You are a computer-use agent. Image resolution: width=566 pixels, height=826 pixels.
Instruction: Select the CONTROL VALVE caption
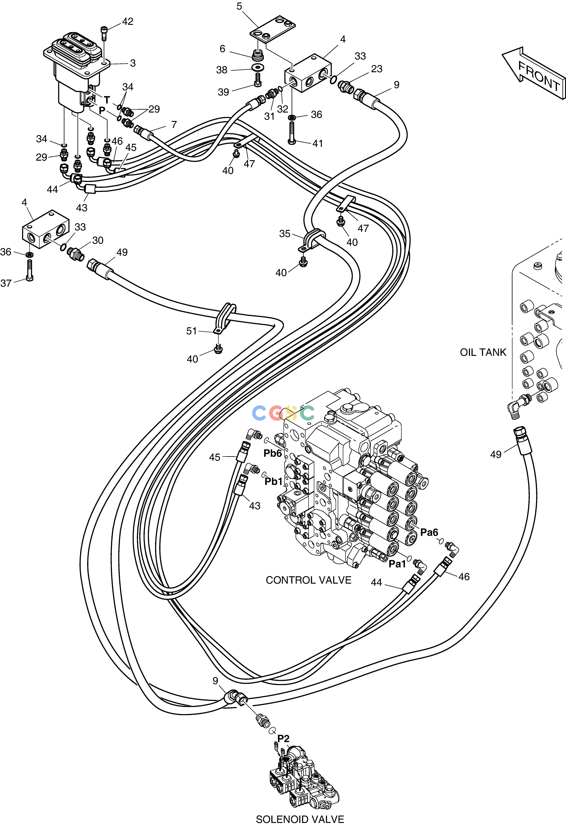coord(308,580)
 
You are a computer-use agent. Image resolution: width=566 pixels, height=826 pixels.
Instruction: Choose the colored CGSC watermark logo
coord(283,413)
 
